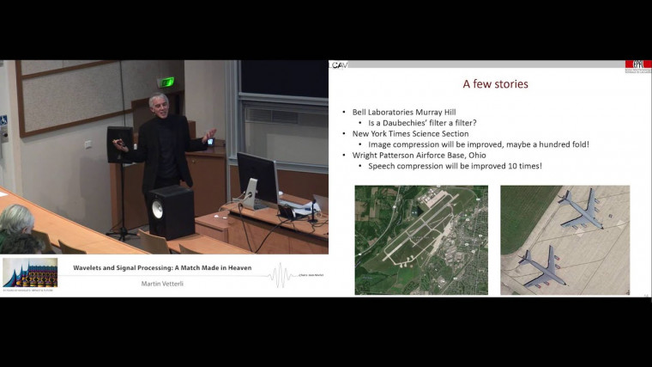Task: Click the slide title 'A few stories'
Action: [x=495, y=84]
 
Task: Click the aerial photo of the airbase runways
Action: [x=420, y=239]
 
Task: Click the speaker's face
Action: [x=163, y=105]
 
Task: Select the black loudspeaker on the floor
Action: [x=171, y=211]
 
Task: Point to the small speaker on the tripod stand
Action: [x=119, y=144]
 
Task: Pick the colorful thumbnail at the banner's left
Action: [x=30, y=272]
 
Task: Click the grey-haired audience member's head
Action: [x=15, y=219]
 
